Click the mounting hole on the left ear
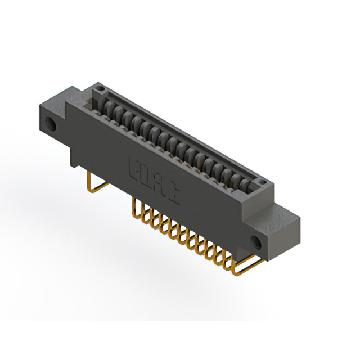pos(53,124)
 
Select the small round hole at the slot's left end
pos(100,89)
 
